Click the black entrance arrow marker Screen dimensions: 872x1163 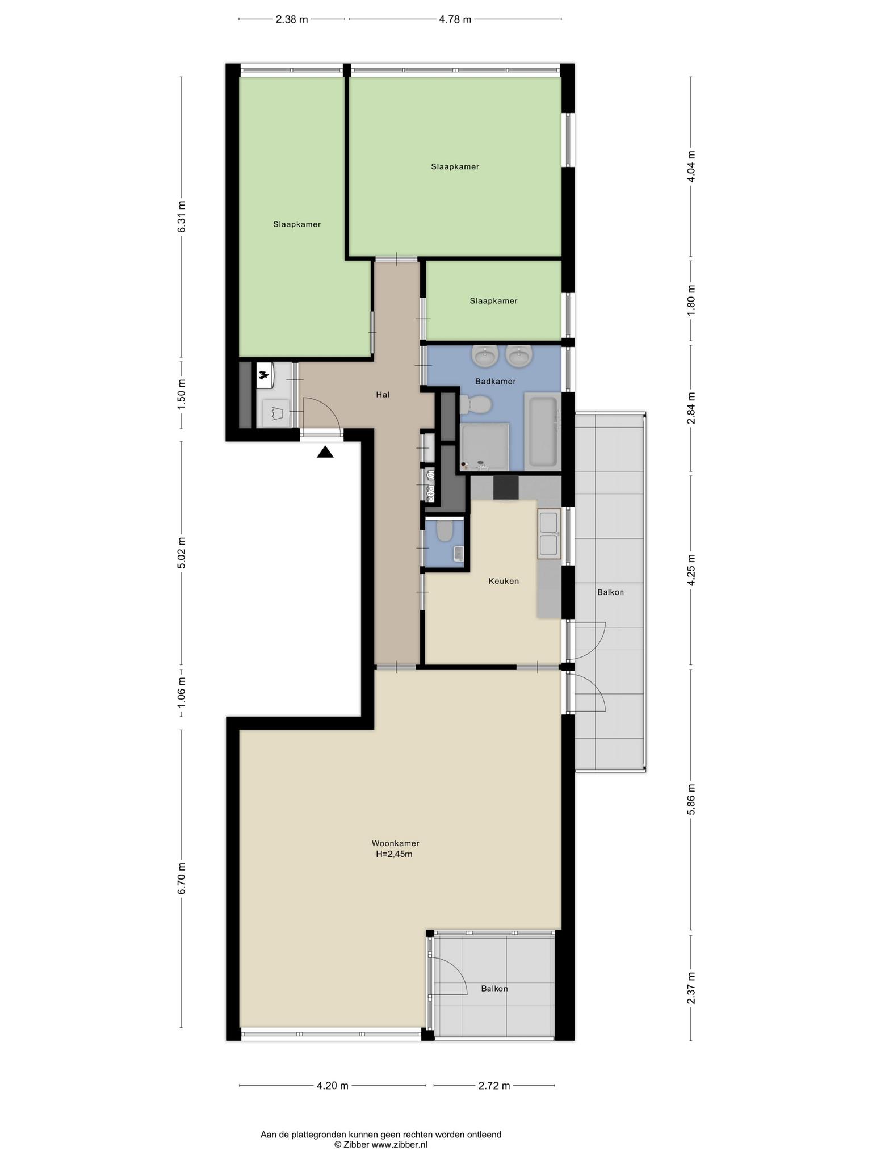325,452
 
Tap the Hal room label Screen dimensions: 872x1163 383,394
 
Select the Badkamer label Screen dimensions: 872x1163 495,382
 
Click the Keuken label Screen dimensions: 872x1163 504,581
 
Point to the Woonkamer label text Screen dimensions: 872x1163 395,843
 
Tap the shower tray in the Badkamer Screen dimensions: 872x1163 484,447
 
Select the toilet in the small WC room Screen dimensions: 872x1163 445,530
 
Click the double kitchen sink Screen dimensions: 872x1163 549,534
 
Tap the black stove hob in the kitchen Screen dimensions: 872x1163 506,488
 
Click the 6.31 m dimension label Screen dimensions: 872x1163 181,216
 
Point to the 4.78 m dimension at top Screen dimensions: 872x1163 455,19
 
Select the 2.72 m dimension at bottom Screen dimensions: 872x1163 494,1086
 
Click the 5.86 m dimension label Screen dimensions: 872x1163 691,799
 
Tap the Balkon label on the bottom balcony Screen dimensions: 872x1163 494,988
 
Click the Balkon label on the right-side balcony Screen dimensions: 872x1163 610,592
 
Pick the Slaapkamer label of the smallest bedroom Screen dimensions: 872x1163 493,301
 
